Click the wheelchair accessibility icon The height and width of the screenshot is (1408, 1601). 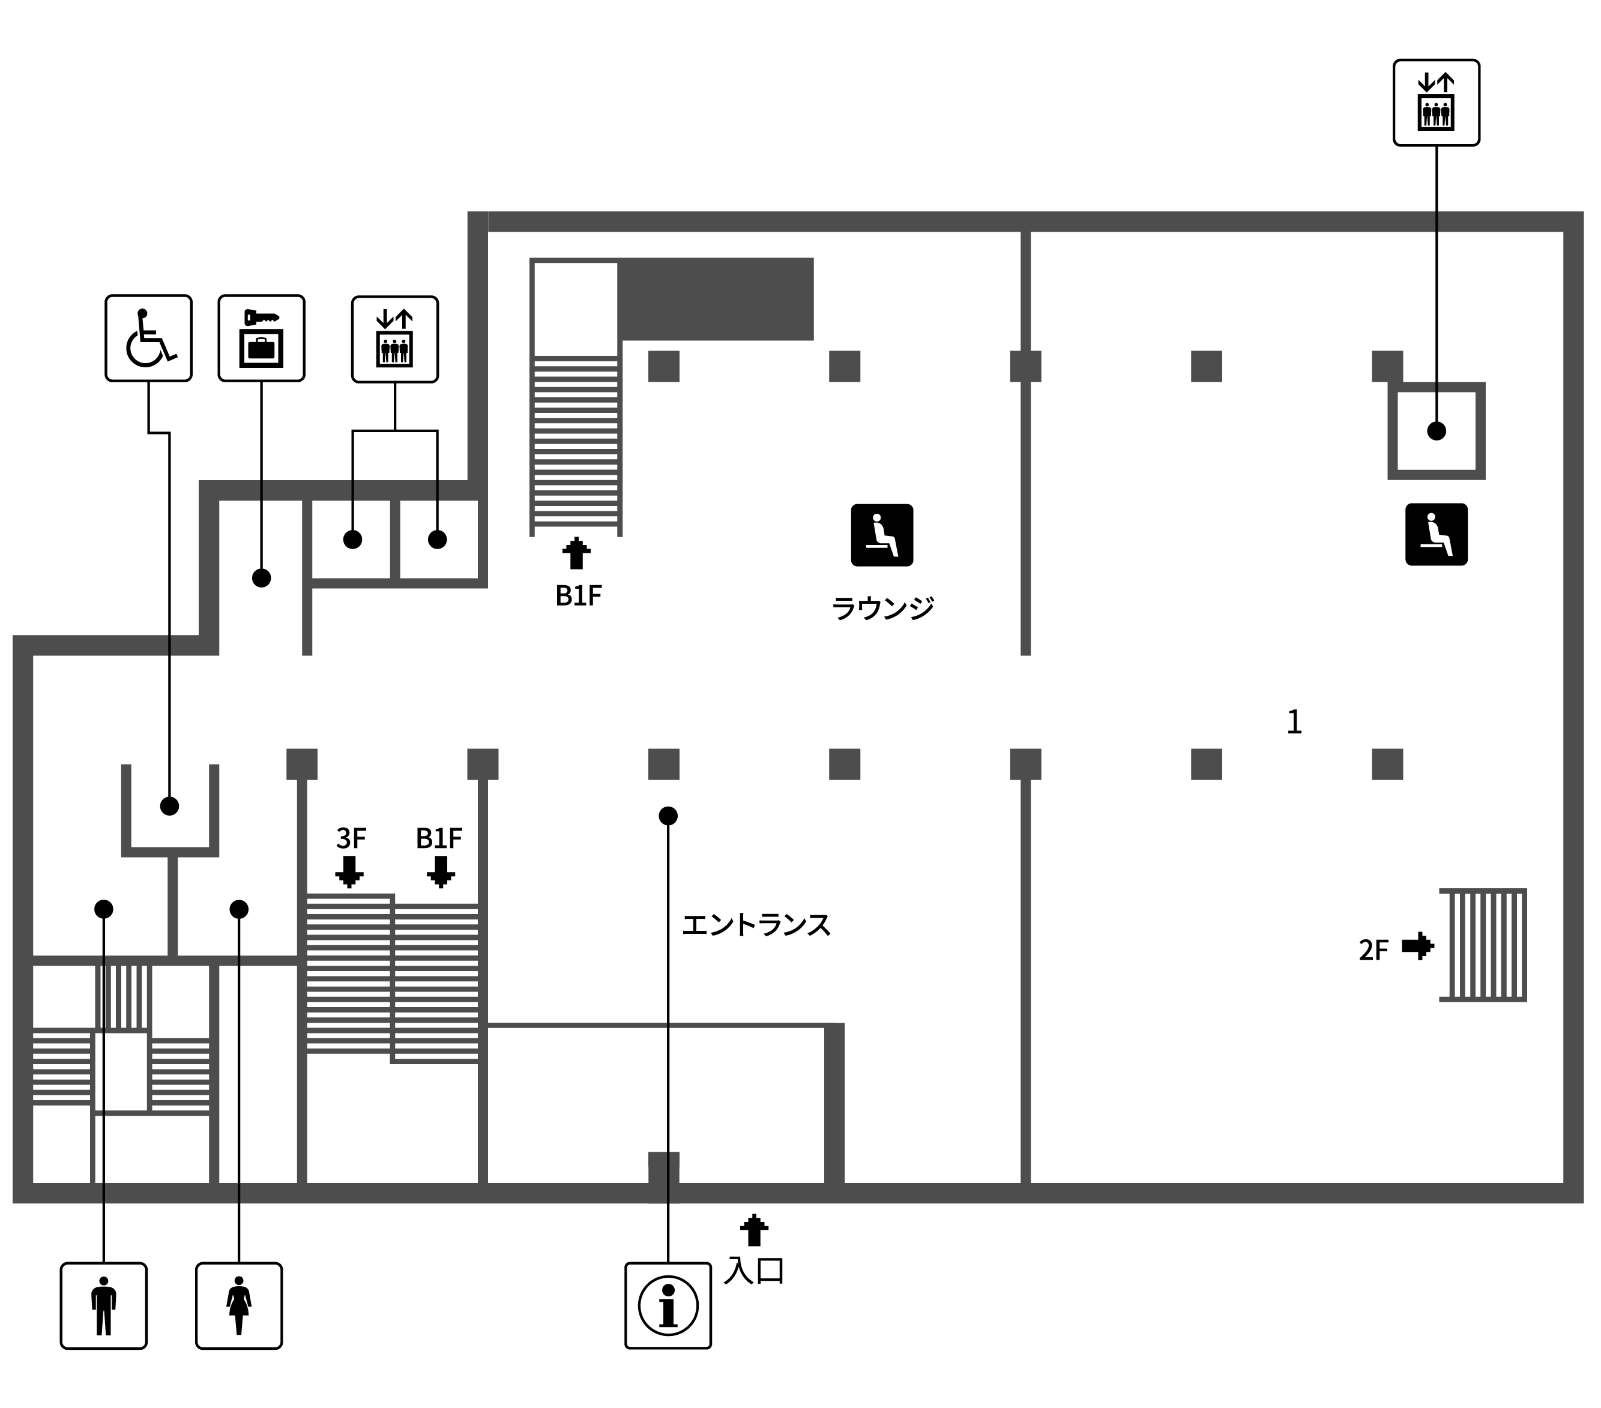tap(149, 338)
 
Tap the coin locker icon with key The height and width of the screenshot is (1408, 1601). tap(262, 338)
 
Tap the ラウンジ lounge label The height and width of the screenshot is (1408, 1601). tap(883, 608)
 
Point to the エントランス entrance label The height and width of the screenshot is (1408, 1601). tap(756, 925)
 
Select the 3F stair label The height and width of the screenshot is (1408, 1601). tap(351, 838)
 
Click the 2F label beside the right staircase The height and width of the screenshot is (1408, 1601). tap(1373, 951)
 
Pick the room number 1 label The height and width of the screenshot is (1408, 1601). tap(1294, 722)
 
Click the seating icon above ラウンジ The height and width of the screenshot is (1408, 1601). tap(882, 535)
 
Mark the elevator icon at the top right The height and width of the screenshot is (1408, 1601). tap(1437, 103)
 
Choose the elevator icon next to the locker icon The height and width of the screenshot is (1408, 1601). tap(395, 339)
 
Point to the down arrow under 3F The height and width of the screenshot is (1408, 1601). tap(349, 871)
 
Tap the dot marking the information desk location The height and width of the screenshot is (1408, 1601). tap(668, 816)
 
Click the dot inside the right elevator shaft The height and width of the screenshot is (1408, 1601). tap(1437, 431)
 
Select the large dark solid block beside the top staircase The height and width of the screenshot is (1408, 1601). tap(716, 299)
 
